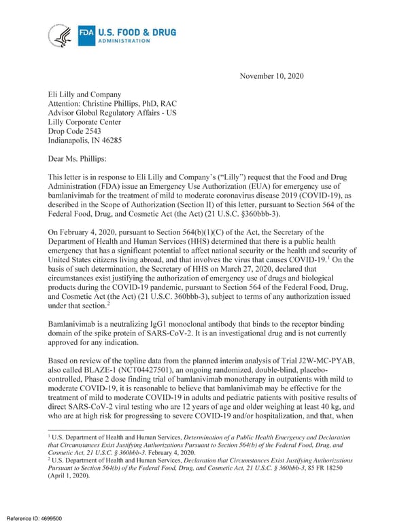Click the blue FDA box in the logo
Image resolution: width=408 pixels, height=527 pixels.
[86, 32]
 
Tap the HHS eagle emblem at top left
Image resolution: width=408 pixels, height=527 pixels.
[61, 34]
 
